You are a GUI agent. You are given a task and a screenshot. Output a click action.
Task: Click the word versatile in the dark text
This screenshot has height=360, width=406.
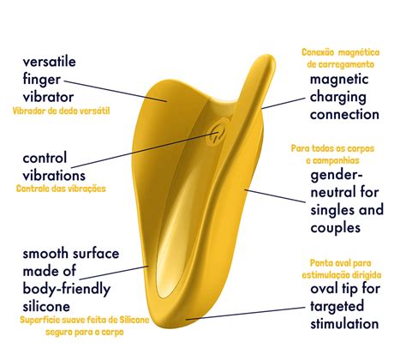[x=50, y=62]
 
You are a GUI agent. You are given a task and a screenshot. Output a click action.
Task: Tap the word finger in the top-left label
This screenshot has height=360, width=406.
[x=42, y=80]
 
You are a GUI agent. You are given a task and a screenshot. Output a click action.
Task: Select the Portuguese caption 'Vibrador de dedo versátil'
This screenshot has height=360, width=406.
[x=61, y=111]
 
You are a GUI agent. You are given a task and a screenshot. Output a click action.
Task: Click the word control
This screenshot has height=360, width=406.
[x=45, y=158]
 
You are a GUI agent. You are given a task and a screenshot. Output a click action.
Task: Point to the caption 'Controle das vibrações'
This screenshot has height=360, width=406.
[x=61, y=189]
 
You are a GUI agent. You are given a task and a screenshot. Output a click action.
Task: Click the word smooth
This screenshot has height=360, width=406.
[x=45, y=254]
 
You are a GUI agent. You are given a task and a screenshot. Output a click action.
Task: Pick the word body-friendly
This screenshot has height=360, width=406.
[x=67, y=289]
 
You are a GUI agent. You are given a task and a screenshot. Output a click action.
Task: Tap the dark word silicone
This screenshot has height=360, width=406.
[x=46, y=307]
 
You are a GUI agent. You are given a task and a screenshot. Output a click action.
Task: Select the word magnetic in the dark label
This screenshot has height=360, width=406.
[x=339, y=80]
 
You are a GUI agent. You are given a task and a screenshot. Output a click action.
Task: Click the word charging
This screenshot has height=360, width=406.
[x=338, y=98]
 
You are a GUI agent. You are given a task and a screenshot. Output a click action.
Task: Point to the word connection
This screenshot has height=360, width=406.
[x=344, y=115]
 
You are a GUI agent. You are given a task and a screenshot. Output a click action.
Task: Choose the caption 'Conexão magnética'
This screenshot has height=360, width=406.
[x=341, y=52]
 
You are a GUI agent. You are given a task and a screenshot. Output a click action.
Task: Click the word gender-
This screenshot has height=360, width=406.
[x=337, y=175]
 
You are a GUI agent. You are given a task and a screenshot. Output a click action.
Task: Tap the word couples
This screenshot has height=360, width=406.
[x=336, y=228]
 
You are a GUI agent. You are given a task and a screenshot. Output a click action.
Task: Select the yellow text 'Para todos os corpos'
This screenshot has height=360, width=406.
[x=332, y=148]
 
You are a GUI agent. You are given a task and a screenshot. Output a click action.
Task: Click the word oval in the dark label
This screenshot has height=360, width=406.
[x=324, y=289]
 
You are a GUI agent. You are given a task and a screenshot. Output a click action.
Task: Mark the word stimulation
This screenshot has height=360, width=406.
[x=344, y=324]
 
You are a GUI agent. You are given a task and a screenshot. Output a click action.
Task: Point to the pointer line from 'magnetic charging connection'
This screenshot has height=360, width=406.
[x=284, y=104]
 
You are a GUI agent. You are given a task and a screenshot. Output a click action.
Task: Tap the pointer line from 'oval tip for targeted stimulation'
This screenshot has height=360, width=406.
[x=245, y=314]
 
